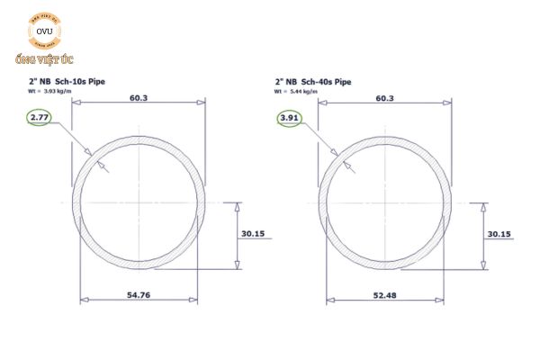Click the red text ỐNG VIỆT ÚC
click(43, 59)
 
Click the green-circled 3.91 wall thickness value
click(289, 118)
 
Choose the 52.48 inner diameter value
click(385, 295)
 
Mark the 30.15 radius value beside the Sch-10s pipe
click(253, 234)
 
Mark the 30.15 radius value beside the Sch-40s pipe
click(499, 234)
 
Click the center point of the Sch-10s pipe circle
click(139, 202)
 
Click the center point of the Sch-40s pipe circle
click(386, 202)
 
